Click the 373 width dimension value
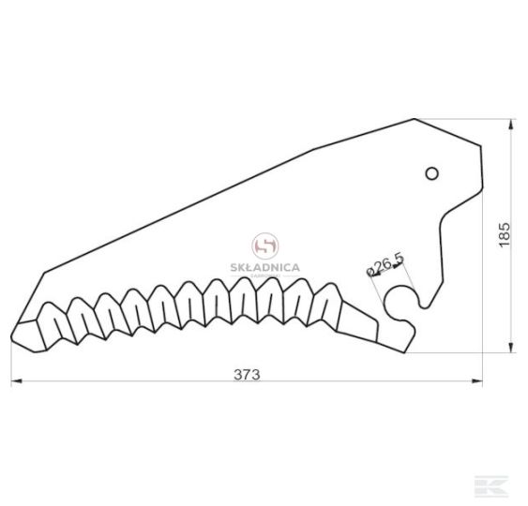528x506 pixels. coord(247,375)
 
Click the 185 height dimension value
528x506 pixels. coord(505,235)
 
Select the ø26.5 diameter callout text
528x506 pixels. coord(385,264)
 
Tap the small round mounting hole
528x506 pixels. coord(431,173)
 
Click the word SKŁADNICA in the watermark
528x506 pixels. coord(265,267)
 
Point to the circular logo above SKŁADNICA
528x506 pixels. coord(265,246)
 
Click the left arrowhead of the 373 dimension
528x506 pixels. coord(17,381)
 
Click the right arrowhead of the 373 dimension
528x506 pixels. coord(476,381)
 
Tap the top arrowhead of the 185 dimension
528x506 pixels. coord(511,125)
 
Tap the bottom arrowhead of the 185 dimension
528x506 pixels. coord(511,348)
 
